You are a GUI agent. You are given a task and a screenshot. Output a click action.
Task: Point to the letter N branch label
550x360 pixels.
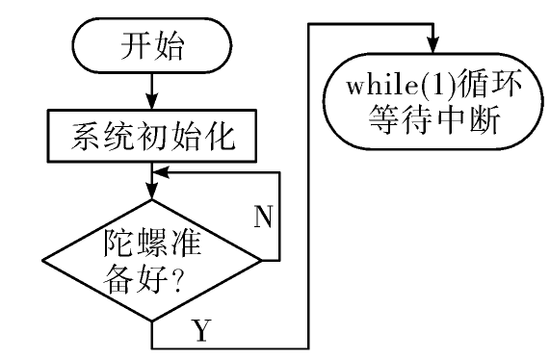tap(263, 217)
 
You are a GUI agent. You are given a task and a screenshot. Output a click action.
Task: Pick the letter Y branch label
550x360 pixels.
tap(201, 330)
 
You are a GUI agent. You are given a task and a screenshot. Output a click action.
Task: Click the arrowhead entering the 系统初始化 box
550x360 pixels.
tap(152, 102)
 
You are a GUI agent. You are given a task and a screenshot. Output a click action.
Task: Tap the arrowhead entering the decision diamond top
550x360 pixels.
tap(152, 192)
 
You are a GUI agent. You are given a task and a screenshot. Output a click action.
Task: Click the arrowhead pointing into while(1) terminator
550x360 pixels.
tap(433, 45)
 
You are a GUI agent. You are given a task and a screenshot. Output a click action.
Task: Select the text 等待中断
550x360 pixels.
tap(433, 119)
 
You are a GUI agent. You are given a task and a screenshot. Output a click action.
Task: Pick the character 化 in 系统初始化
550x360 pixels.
tap(221, 137)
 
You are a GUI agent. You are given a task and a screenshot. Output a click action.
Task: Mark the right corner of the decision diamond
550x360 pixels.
tap(262, 261)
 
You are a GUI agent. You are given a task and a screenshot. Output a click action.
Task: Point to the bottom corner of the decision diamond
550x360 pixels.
tap(152, 321)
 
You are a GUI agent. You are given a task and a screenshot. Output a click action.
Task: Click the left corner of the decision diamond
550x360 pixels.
tap(42, 261)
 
